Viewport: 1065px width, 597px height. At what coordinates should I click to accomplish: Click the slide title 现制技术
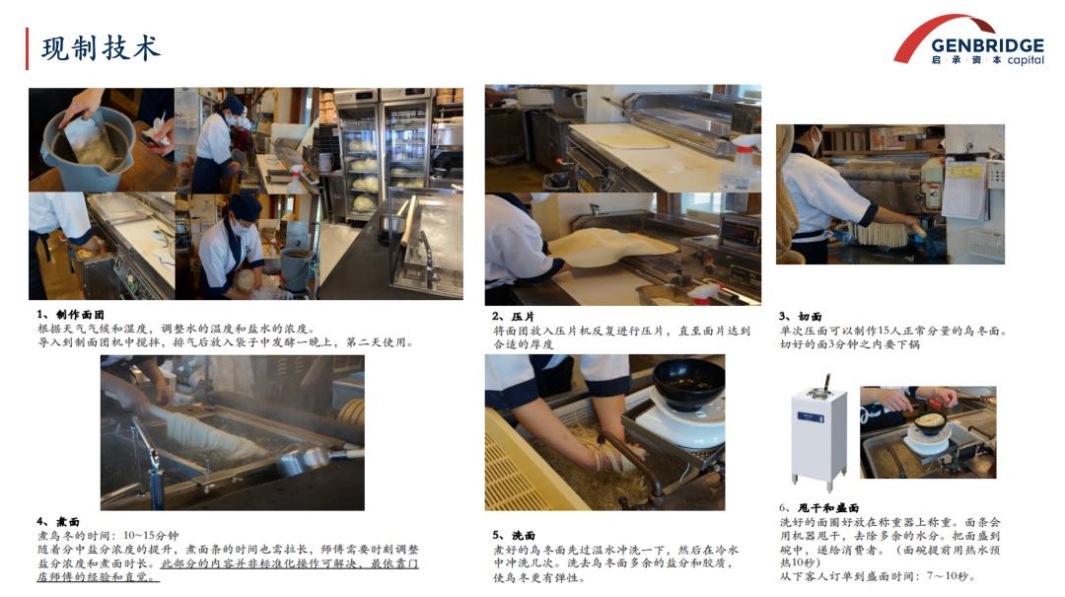[101, 49]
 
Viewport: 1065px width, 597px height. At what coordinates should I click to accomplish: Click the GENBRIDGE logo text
[987, 45]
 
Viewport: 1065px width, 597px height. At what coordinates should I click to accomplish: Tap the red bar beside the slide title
[28, 49]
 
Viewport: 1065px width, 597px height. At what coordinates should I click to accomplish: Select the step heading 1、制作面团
[71, 314]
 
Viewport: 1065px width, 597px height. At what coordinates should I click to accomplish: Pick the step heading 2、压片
[514, 316]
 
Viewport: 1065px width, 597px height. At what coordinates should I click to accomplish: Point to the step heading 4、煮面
[58, 522]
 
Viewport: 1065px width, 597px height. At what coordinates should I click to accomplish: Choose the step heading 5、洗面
[514, 535]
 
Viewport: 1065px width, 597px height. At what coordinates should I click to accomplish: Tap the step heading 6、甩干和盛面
[819, 508]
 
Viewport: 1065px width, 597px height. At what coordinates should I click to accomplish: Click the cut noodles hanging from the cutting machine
[881, 235]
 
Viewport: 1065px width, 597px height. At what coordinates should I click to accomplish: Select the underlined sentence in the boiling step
[228, 569]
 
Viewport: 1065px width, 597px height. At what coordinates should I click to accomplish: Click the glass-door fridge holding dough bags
[383, 155]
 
